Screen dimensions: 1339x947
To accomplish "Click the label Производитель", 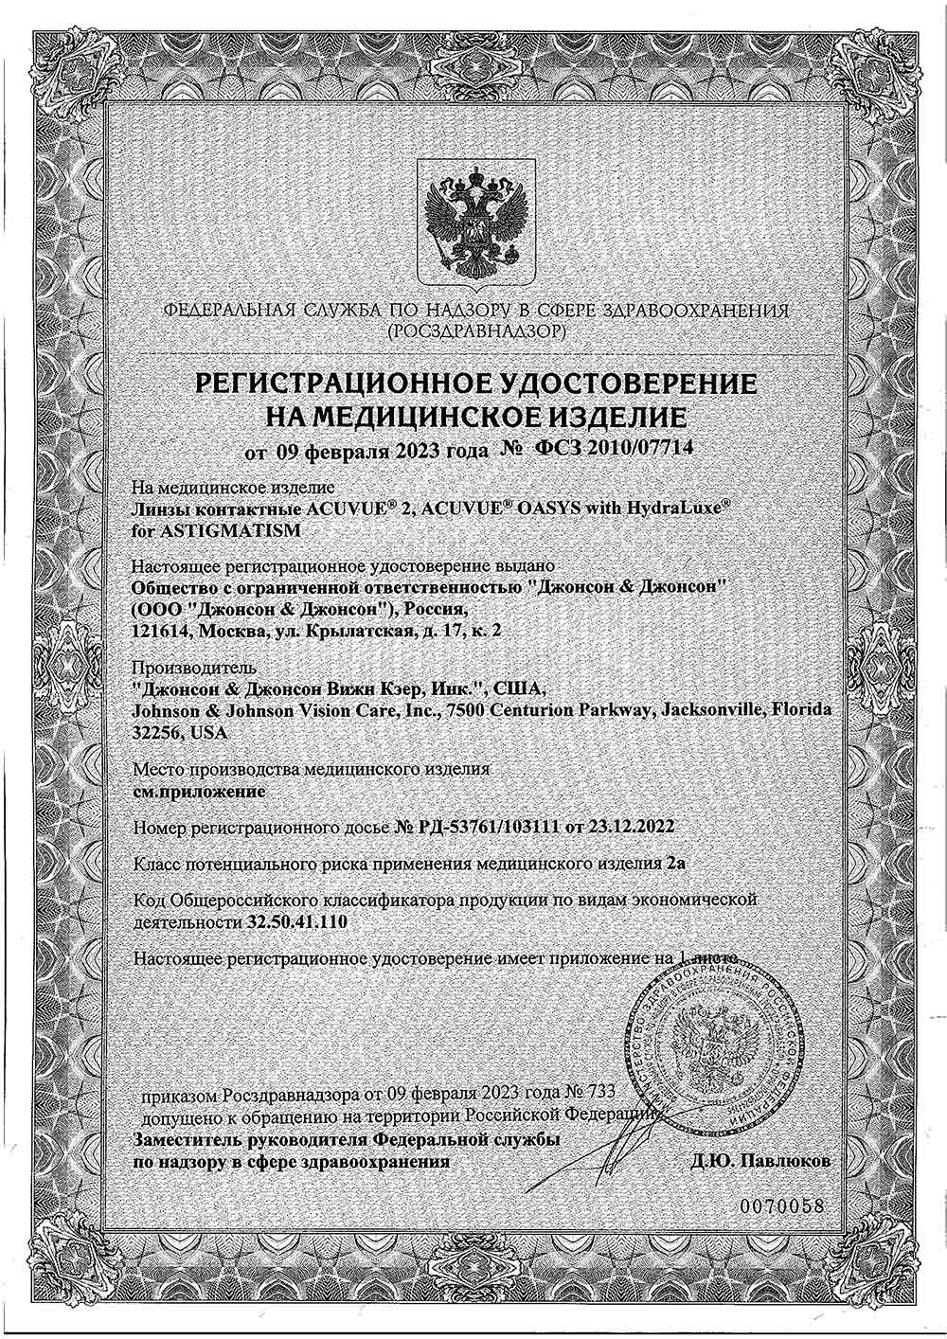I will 180,667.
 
